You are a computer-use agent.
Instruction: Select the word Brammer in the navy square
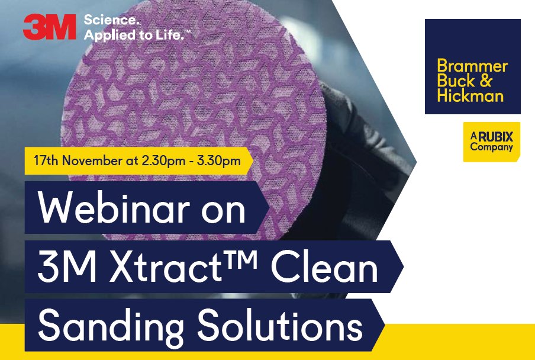(472, 66)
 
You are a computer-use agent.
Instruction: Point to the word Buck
(454, 81)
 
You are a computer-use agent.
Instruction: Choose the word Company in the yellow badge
(491, 147)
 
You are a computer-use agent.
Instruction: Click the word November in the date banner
(87, 161)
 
